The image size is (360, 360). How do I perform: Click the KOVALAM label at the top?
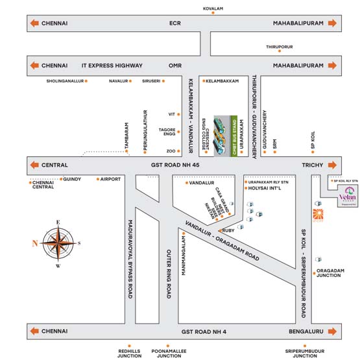pos(213,8)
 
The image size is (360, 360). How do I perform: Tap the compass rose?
pos(58,244)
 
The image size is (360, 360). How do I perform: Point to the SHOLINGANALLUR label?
pos(66,81)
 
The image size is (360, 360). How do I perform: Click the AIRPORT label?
pos(110,179)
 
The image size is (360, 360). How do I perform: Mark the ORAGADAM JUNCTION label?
pos(331,272)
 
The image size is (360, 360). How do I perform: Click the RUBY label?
pos(228,230)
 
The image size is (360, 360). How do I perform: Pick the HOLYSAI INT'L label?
pos(266,190)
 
